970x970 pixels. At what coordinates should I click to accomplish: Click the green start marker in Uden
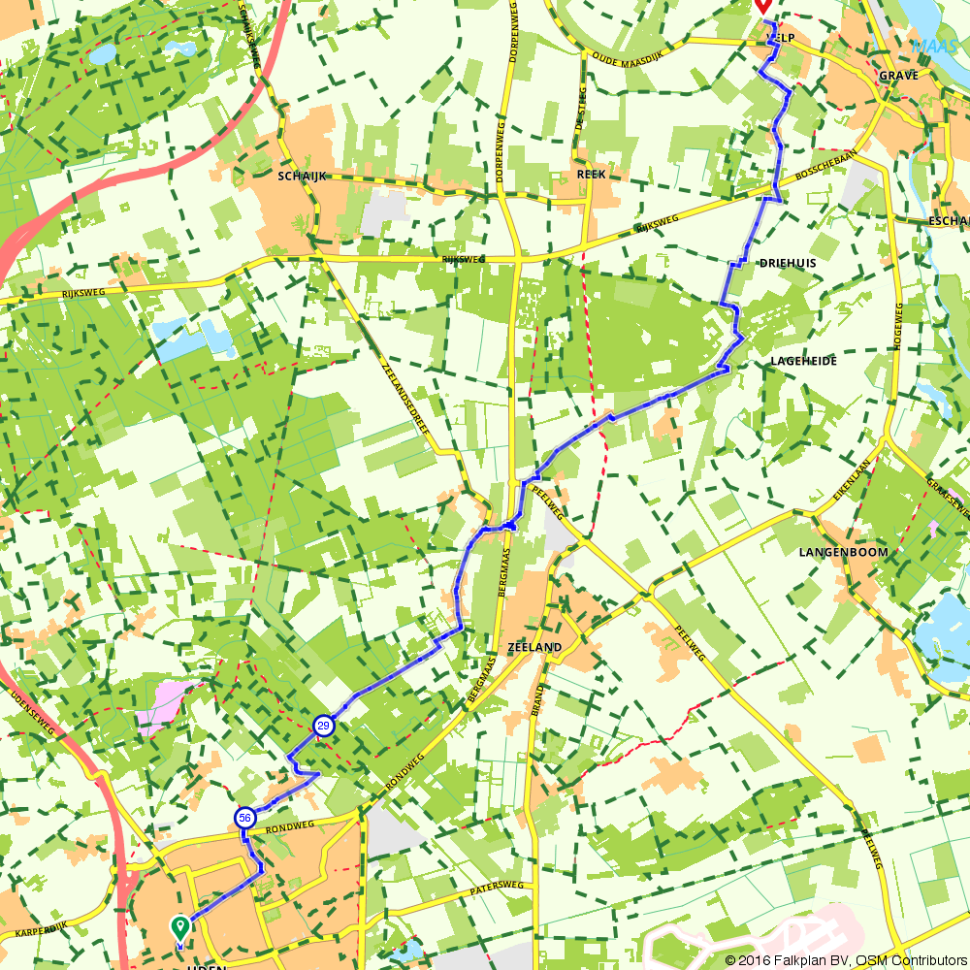(180, 927)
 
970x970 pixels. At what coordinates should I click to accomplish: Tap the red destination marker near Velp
(763, 6)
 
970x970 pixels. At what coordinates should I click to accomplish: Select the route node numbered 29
(324, 726)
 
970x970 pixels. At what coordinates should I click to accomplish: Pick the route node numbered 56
(244, 818)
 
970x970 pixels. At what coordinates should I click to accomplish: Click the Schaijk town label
(302, 176)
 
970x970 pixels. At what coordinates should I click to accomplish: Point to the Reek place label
(591, 175)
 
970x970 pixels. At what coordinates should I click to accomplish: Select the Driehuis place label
(788, 263)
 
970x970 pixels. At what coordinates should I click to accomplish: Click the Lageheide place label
(803, 361)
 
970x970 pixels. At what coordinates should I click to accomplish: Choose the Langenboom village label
(843, 552)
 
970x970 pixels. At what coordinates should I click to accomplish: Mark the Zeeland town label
(534, 647)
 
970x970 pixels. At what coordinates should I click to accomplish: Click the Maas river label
(933, 45)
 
